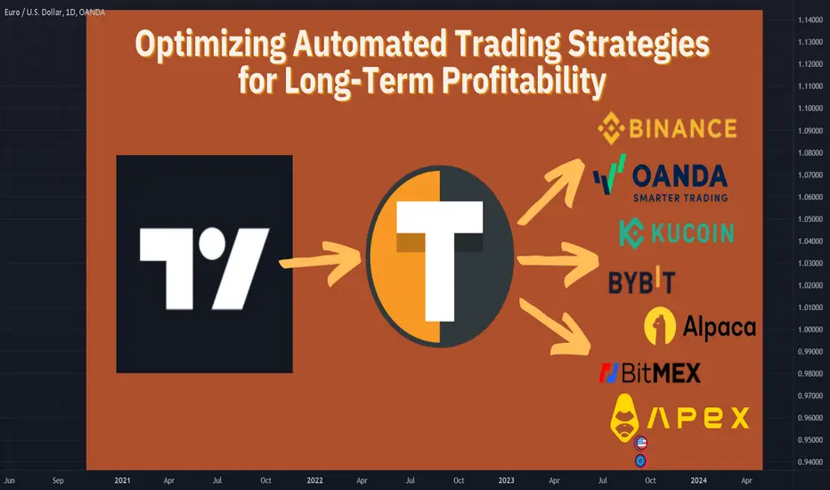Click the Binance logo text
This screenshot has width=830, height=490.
(x=683, y=128)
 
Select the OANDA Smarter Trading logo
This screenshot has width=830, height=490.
(x=661, y=178)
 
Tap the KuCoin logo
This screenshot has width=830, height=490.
(x=677, y=233)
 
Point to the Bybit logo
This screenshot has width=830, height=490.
(x=641, y=281)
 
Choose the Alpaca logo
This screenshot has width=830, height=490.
(x=700, y=326)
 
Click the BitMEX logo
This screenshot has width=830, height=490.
(x=650, y=373)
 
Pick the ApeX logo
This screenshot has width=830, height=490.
(x=679, y=418)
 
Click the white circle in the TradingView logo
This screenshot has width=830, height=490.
(x=212, y=244)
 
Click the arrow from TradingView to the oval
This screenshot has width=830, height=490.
(x=321, y=262)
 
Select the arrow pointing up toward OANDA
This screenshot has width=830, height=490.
(x=551, y=190)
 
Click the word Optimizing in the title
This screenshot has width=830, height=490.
(x=210, y=45)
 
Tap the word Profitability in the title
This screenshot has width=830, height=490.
(x=524, y=81)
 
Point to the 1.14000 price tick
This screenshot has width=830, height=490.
(x=810, y=20)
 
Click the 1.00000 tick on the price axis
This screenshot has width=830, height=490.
(x=810, y=330)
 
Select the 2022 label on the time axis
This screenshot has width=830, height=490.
(x=315, y=480)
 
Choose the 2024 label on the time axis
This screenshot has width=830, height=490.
(x=699, y=480)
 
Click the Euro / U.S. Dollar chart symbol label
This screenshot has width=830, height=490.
(x=54, y=12)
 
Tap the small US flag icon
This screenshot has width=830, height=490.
(x=641, y=442)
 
